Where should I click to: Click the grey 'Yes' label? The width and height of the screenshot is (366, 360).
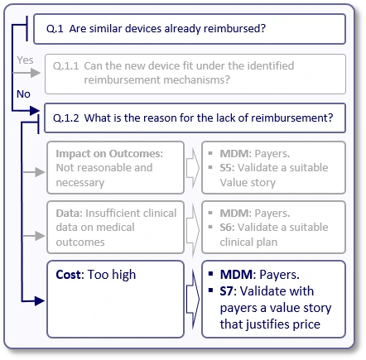point(25,60)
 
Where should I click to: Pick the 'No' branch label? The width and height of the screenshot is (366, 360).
point(24,94)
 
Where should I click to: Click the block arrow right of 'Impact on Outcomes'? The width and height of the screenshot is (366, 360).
point(190,168)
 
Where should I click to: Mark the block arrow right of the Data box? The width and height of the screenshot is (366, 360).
point(190,225)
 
